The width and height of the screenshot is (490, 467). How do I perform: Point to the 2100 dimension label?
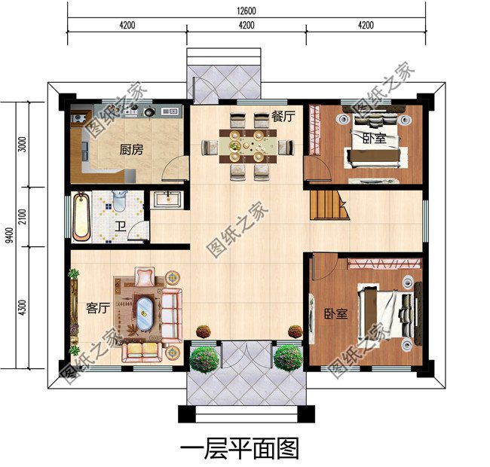[23, 216]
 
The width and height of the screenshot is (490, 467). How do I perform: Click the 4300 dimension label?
[23, 307]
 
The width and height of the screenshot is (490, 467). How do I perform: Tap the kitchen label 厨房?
[130, 149]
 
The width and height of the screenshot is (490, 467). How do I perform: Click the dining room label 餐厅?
[283, 116]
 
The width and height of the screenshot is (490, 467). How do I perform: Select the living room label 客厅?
[98, 307]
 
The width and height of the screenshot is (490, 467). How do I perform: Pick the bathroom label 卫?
[120, 227]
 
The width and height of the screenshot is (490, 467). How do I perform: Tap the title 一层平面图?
[240, 447]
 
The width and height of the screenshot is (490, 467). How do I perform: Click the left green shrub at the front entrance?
[204, 359]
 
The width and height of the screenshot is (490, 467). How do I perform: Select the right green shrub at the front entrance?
[288, 359]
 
